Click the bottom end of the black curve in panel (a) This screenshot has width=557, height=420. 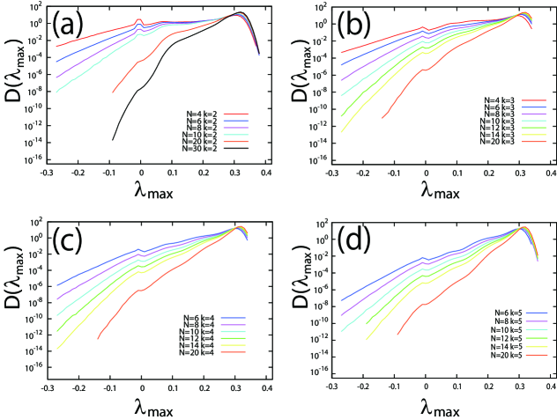[112, 139]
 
